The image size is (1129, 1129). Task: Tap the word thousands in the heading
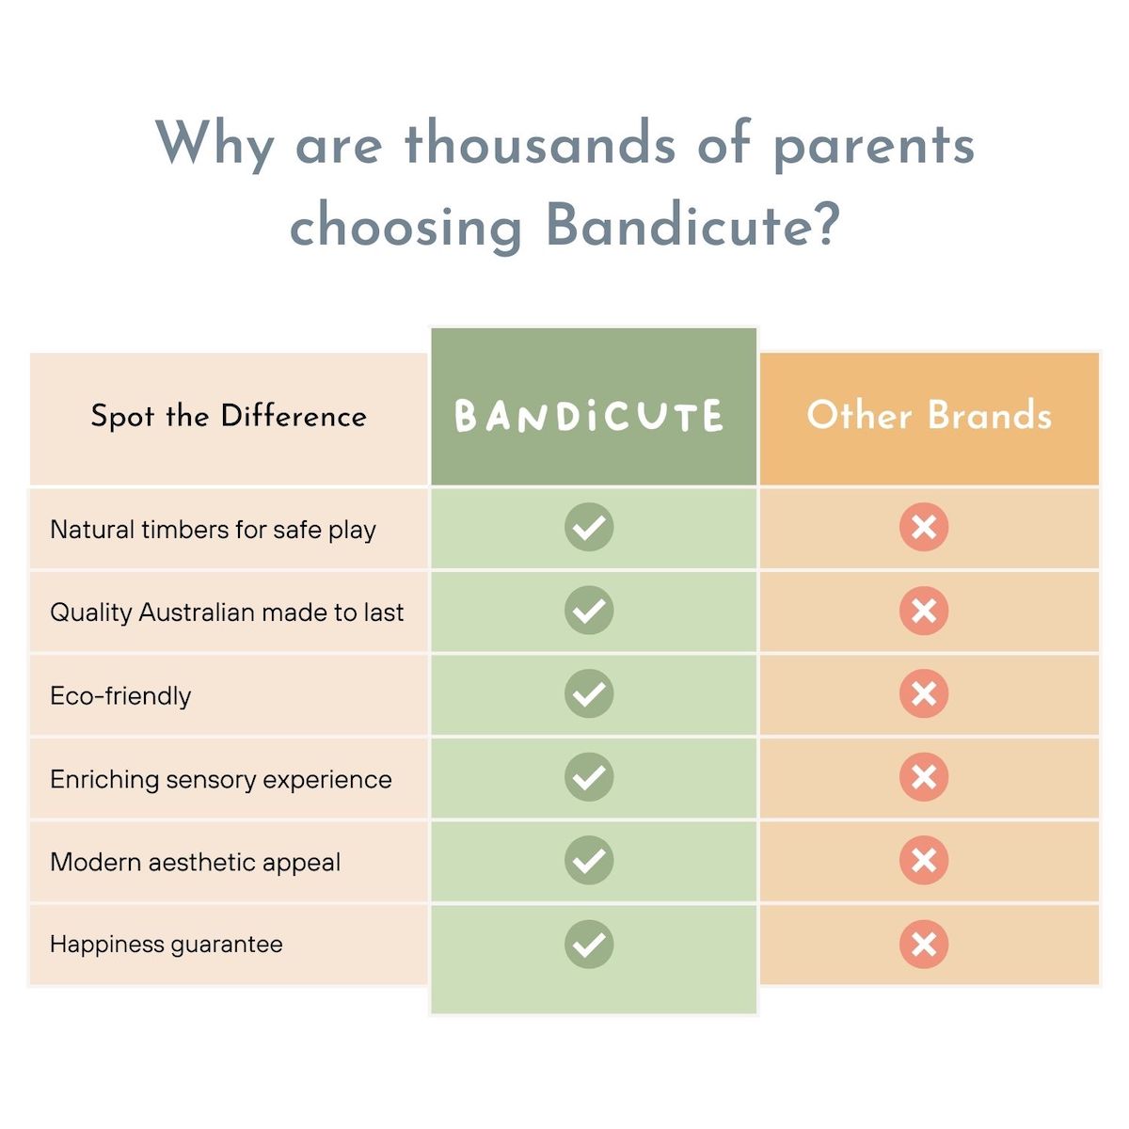click(x=539, y=144)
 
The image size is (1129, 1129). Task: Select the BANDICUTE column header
click(x=590, y=417)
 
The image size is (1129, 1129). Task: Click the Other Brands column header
click(x=929, y=415)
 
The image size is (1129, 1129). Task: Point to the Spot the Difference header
click(x=229, y=416)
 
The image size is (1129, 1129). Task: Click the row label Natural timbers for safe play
click(x=213, y=530)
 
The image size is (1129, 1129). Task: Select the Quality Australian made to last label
click(x=227, y=612)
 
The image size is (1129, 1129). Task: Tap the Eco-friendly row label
click(x=120, y=696)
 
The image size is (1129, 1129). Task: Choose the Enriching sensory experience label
click(x=221, y=779)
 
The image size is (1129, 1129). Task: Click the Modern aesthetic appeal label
click(x=196, y=862)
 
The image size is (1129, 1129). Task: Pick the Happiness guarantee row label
click(x=167, y=944)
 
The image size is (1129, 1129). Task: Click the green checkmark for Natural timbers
click(x=589, y=527)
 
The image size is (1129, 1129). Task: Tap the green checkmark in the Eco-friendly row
click(x=589, y=693)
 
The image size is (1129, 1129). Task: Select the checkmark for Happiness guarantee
click(x=589, y=944)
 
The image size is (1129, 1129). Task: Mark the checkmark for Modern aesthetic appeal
click(x=589, y=860)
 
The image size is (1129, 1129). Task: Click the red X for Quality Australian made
click(x=924, y=611)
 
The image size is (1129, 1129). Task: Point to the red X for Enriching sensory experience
click(x=924, y=777)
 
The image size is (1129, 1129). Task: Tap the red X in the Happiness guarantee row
click(x=924, y=944)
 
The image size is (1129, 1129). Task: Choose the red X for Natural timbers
click(x=924, y=527)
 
